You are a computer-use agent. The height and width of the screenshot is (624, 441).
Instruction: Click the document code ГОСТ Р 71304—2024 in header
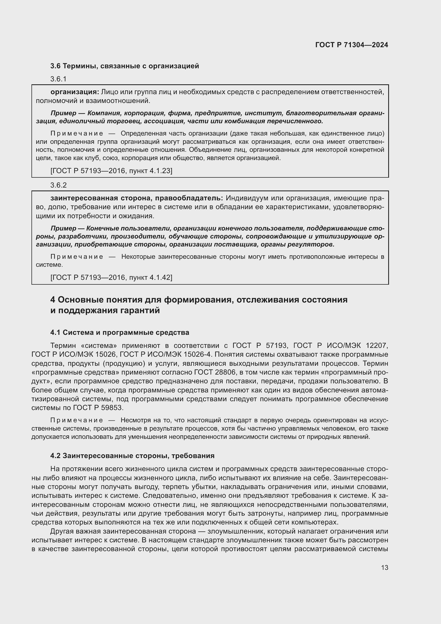click(x=351, y=45)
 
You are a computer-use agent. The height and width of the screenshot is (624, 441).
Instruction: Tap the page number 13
click(x=384, y=567)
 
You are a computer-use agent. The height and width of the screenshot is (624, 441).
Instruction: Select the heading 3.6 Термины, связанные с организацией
click(x=125, y=66)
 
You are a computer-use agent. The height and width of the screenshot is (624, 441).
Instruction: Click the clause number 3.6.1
click(x=58, y=79)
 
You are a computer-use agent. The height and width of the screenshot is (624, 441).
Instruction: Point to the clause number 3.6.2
click(x=58, y=185)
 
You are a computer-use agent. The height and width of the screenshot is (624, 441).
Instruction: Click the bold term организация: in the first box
click(x=75, y=92)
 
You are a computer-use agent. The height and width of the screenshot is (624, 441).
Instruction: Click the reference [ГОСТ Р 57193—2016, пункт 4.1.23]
click(x=111, y=171)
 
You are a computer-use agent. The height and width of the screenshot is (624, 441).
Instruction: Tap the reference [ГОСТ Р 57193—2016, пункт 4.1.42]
click(x=111, y=277)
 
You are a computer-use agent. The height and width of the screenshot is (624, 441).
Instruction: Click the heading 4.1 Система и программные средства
click(x=119, y=332)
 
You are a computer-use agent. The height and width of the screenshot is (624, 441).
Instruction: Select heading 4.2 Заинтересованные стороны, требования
click(x=132, y=456)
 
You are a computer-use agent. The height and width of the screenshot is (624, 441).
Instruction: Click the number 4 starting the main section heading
click(x=53, y=300)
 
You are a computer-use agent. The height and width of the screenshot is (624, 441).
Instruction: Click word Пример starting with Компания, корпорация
click(x=63, y=113)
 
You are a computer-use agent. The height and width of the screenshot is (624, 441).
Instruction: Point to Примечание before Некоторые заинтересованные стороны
click(x=77, y=257)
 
